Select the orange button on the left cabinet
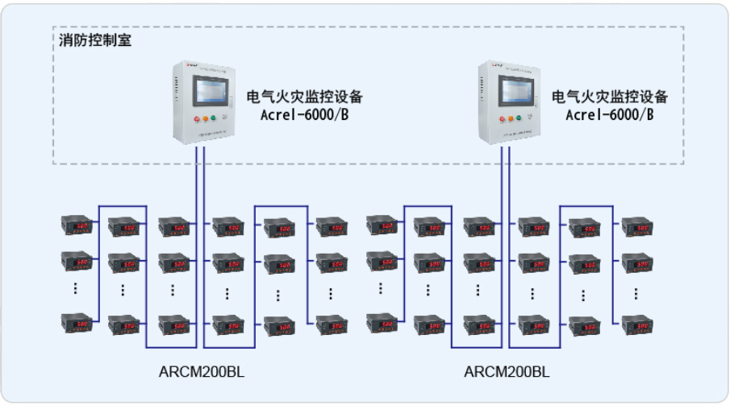coord(206,118)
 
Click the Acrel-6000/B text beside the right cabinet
coord(608,115)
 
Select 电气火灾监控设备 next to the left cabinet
coord(304,97)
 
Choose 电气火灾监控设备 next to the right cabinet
coord(610,97)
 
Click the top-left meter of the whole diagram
coord(78,226)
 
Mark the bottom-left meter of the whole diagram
coord(78,324)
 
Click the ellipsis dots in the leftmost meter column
coord(76,289)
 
